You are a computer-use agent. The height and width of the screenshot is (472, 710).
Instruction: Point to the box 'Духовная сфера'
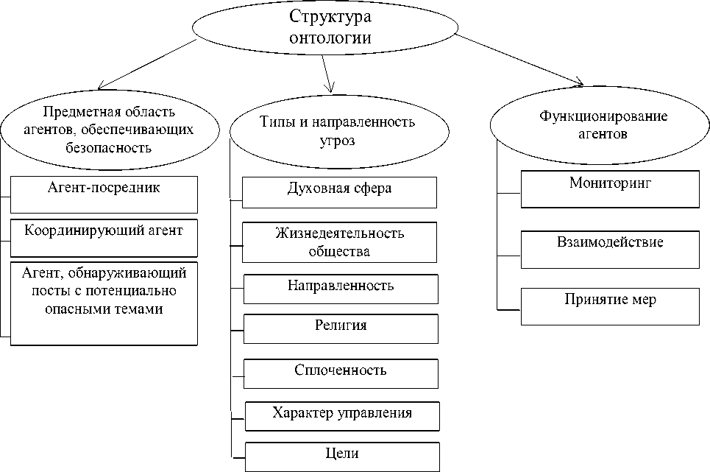point(339,192)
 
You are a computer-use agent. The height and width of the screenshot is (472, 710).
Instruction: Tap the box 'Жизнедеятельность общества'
point(339,242)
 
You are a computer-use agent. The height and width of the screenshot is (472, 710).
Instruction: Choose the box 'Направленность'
point(341,289)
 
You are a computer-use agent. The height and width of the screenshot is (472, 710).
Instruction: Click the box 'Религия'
point(341,328)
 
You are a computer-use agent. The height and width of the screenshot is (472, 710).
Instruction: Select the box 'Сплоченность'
point(341,373)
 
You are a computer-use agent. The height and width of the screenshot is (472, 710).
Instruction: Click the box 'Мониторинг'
point(610,189)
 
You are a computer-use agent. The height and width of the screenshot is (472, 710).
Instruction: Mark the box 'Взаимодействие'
point(610,249)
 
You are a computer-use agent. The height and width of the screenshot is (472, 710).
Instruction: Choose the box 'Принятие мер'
point(610,306)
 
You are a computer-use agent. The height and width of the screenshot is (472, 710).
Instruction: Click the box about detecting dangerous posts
point(104,302)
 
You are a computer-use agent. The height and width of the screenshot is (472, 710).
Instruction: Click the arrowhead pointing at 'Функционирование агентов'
point(580,80)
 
